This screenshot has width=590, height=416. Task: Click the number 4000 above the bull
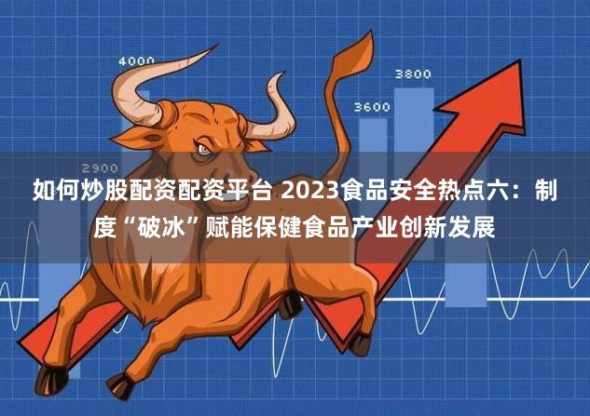pos(137,60)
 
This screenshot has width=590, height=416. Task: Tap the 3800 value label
pos(413,74)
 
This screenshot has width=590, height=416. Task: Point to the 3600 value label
pos(372,107)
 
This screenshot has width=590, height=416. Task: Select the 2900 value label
pos(100,168)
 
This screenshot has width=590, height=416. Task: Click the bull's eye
pos(204,150)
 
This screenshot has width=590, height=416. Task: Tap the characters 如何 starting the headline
pos(56,191)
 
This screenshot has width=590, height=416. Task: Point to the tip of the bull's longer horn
pos(217,45)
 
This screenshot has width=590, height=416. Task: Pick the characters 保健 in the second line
pos(280,226)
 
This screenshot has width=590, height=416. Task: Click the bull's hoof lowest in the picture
pos(121,386)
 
